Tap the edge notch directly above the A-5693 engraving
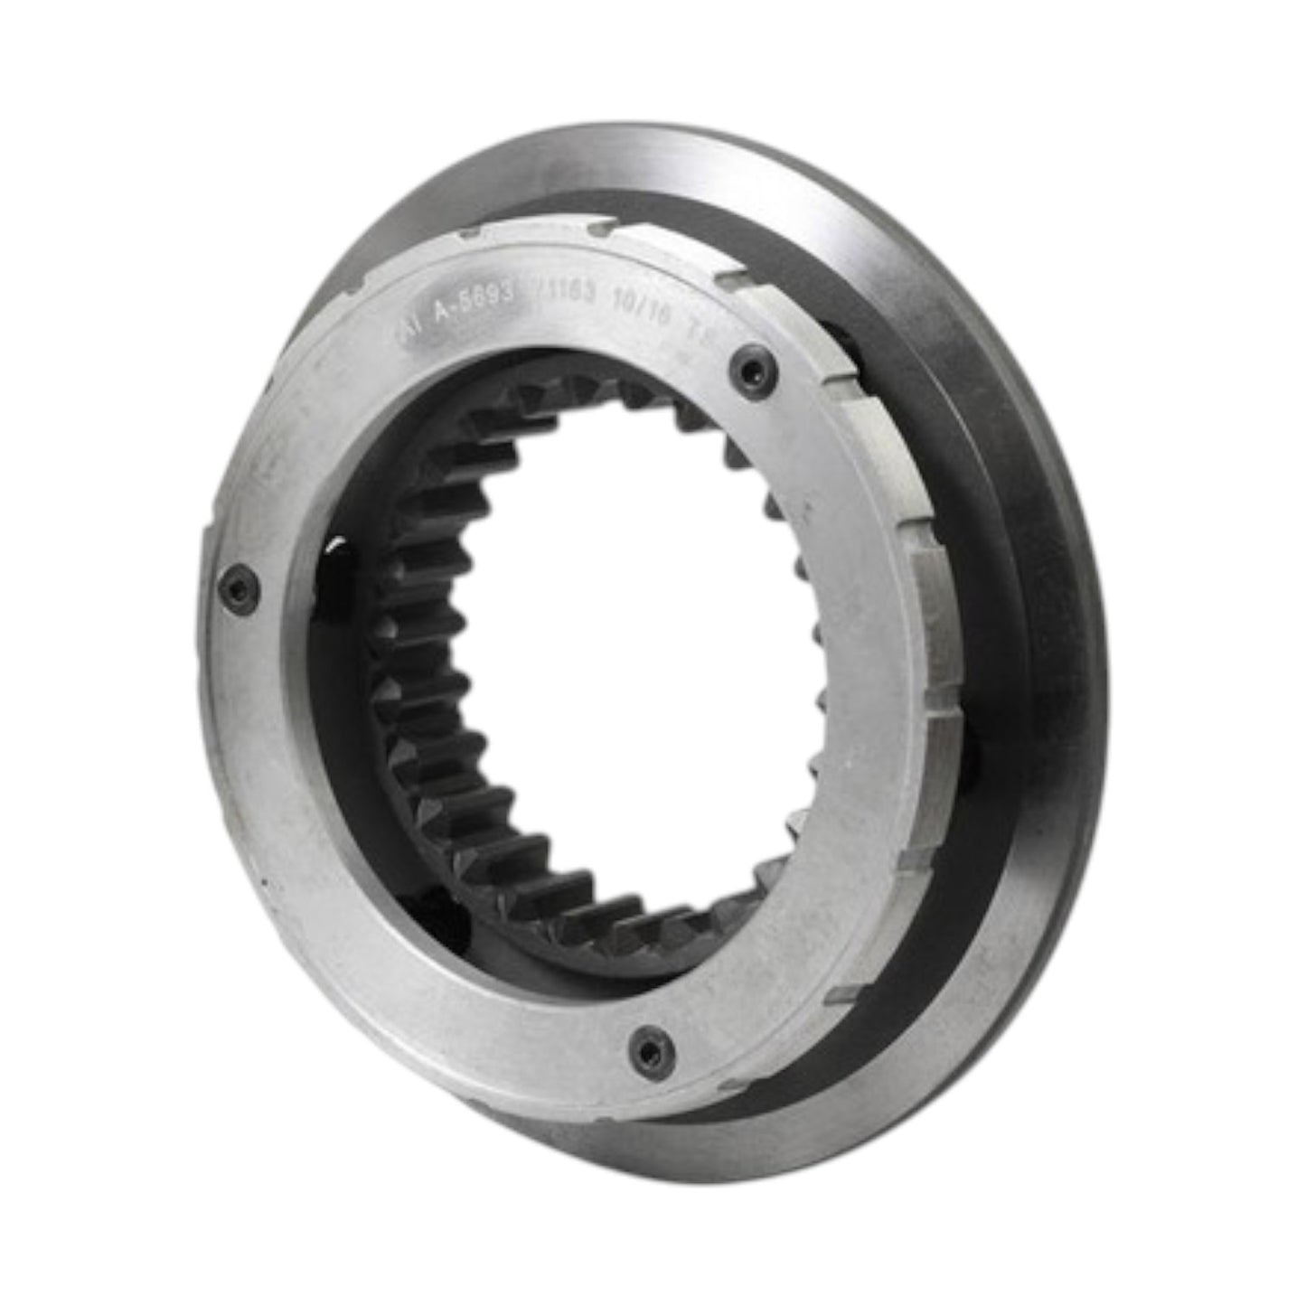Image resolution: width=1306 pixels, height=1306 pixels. tap(463, 238)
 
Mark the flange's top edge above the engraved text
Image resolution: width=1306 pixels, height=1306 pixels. tap(633, 154)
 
